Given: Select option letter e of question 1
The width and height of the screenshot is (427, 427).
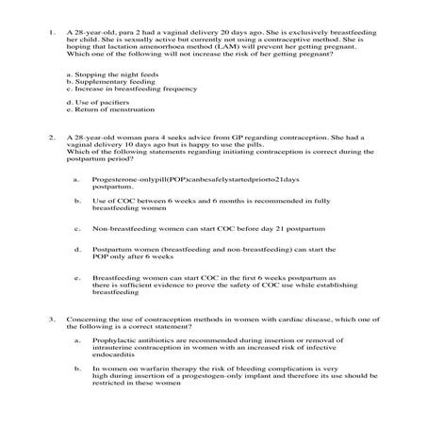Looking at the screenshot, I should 71,109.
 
